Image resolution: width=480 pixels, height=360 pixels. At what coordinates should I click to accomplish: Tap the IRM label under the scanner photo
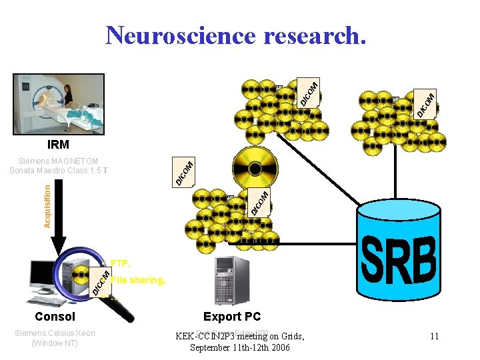pos(57,144)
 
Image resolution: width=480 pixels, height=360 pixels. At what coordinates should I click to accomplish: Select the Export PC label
pos(232,317)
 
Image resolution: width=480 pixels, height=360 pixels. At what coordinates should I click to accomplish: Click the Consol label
pos(55,317)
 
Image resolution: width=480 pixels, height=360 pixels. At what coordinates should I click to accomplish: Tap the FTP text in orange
pos(121,263)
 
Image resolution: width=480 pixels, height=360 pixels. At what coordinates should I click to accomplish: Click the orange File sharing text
pos(138,280)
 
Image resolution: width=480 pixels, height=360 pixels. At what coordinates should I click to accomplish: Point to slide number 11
pos(434,337)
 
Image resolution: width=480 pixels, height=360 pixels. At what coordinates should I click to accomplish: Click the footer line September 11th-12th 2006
pos(240,347)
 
